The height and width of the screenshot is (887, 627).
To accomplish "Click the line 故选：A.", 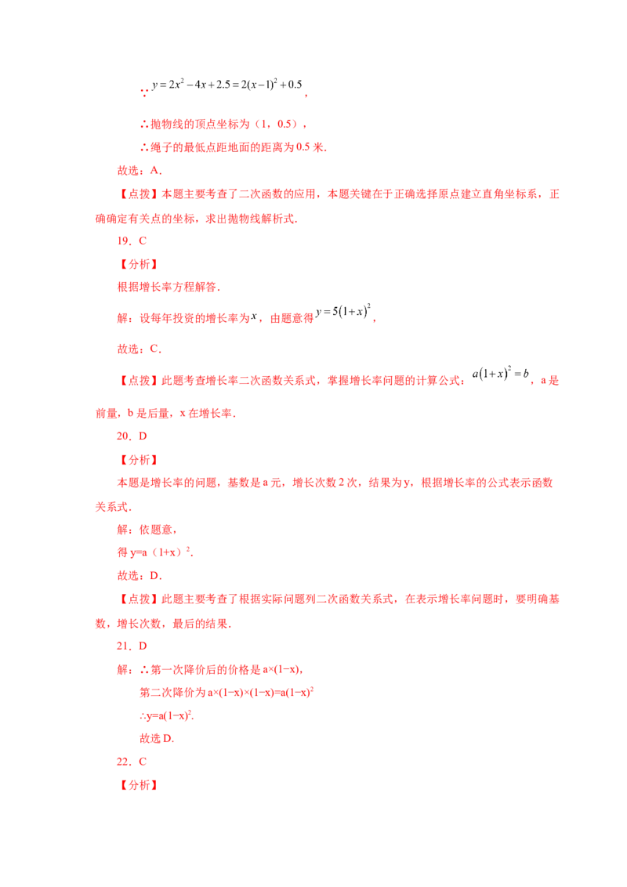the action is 140,170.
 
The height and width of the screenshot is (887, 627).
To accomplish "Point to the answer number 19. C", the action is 132,241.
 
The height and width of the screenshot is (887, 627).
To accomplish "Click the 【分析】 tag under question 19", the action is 137,264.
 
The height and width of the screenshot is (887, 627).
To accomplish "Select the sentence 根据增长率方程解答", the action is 169,287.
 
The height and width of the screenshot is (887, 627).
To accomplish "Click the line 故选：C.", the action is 140,349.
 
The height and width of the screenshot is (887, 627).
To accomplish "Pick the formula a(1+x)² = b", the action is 501,373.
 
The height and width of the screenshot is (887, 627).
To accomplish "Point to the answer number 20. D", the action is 132,436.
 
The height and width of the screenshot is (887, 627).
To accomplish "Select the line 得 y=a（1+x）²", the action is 156,552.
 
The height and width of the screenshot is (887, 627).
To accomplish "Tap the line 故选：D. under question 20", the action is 140,575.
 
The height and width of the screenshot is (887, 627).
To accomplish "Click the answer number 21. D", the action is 132,646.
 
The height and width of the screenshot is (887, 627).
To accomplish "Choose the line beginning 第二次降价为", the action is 227,692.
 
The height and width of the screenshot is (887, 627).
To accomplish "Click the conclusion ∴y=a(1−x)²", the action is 167,715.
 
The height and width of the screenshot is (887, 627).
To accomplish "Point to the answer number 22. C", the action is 132,762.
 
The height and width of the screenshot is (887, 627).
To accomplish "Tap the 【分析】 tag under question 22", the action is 137,785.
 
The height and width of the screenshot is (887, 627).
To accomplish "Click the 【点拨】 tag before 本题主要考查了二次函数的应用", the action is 137,194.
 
